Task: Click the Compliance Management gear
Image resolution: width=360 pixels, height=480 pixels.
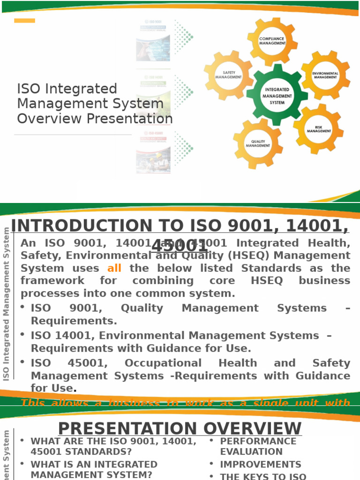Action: pos(272,41)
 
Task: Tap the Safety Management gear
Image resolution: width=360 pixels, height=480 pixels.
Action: pos(229,75)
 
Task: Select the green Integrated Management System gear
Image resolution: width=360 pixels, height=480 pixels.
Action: pos(277,96)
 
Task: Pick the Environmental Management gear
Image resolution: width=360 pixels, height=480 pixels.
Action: pos(325,75)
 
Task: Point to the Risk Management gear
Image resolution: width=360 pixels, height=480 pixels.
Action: pos(319,129)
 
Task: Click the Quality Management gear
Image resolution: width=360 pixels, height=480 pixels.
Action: pos(258,143)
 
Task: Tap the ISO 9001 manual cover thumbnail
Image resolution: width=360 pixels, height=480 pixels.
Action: pos(153,41)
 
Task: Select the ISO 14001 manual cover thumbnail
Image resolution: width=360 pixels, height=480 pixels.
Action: pos(153,97)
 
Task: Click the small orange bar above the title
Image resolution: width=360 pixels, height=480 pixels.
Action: pos(24,21)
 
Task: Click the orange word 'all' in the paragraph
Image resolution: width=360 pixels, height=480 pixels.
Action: pos(114,269)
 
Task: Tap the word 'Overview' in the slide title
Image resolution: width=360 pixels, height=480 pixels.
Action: pos(47,119)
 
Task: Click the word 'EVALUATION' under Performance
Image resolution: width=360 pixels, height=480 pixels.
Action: pos(251,452)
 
